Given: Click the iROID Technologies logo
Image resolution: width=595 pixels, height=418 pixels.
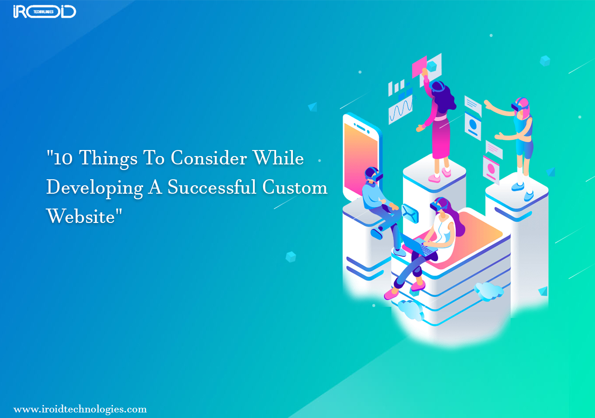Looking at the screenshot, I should point(45,12).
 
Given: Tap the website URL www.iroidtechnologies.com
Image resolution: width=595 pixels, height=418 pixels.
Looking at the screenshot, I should point(80,409).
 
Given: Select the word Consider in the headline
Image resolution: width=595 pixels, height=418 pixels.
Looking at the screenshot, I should point(208,159).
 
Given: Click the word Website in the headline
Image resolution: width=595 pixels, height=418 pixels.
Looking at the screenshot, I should point(80,216).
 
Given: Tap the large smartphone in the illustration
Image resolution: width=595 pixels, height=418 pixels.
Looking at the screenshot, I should point(360,156).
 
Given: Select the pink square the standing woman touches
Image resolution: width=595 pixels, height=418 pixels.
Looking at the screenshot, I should point(419,66).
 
